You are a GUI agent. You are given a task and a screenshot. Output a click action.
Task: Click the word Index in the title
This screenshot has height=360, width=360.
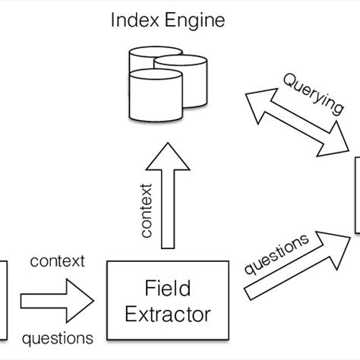pyautogui.click(x=131, y=21)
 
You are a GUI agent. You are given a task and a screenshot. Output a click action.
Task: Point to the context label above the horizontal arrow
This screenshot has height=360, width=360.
pyautogui.click(x=57, y=263)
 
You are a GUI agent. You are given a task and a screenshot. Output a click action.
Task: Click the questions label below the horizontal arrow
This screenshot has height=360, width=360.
pyautogui.click(x=57, y=336)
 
